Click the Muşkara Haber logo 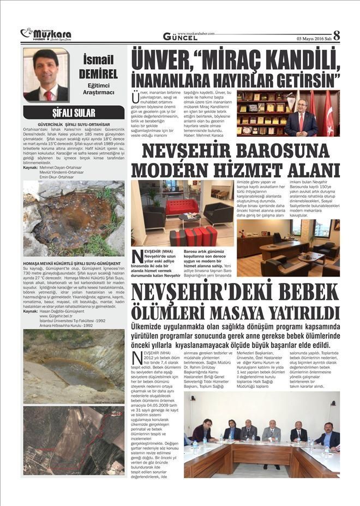click(46, 35)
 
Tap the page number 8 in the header click(336, 35)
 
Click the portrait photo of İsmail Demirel click(46, 75)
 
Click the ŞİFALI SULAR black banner click(74, 113)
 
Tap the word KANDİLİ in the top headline click(295, 57)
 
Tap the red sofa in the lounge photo click(183, 207)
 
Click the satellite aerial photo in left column click(74, 440)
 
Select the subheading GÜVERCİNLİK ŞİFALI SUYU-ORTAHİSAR click(74, 124)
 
